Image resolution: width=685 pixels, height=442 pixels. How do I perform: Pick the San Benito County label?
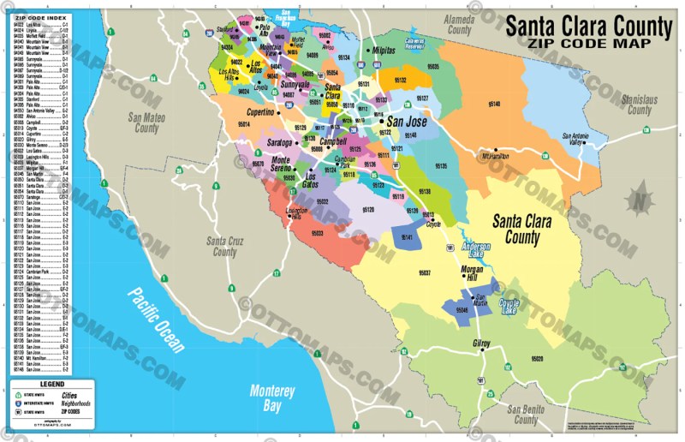tap(526, 415)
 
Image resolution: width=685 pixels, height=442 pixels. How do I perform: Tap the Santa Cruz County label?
tap(224, 247)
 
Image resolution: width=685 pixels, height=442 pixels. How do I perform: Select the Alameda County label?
tap(459, 24)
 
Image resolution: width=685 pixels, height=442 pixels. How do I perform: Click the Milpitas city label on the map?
tap(384, 51)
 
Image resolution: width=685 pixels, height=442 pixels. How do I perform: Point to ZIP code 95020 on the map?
tap(537, 359)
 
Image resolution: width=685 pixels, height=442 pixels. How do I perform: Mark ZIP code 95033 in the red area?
tap(316, 233)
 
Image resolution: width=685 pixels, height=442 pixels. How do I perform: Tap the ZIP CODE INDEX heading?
tap(40, 17)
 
